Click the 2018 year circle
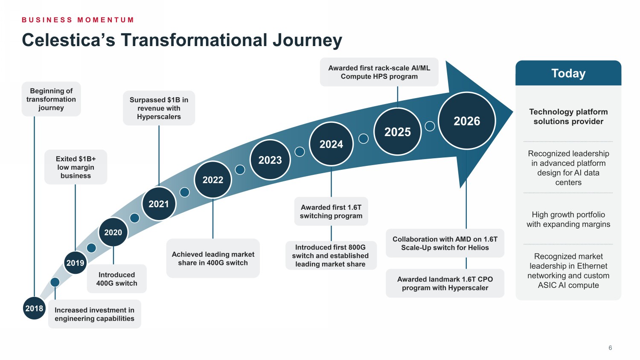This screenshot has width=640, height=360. point(34,308)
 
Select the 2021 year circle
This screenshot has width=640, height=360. point(159,204)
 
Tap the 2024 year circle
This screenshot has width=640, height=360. point(331,144)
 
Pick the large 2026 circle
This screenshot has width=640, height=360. point(467,121)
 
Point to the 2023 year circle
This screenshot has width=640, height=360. point(270,160)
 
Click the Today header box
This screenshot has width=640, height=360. point(568,73)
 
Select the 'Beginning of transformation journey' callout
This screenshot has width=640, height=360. point(51,99)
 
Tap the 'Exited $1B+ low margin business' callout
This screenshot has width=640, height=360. point(76,167)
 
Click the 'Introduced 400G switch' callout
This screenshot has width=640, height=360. point(116,279)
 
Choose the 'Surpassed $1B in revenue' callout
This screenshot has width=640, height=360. point(159,108)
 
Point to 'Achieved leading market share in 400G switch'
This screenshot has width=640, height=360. point(213,258)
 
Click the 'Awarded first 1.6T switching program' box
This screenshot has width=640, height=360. point(331,212)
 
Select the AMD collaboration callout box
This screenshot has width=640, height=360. point(445,243)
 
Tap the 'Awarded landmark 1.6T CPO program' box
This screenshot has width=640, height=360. point(445,283)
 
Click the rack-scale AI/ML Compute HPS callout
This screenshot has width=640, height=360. point(379,72)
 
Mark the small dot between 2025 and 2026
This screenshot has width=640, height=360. point(430,126)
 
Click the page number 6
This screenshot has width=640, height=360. point(610,348)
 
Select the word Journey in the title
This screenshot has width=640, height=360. point(308,40)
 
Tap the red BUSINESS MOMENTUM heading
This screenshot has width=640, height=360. point(78,20)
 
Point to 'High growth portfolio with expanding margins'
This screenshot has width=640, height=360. point(568,219)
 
